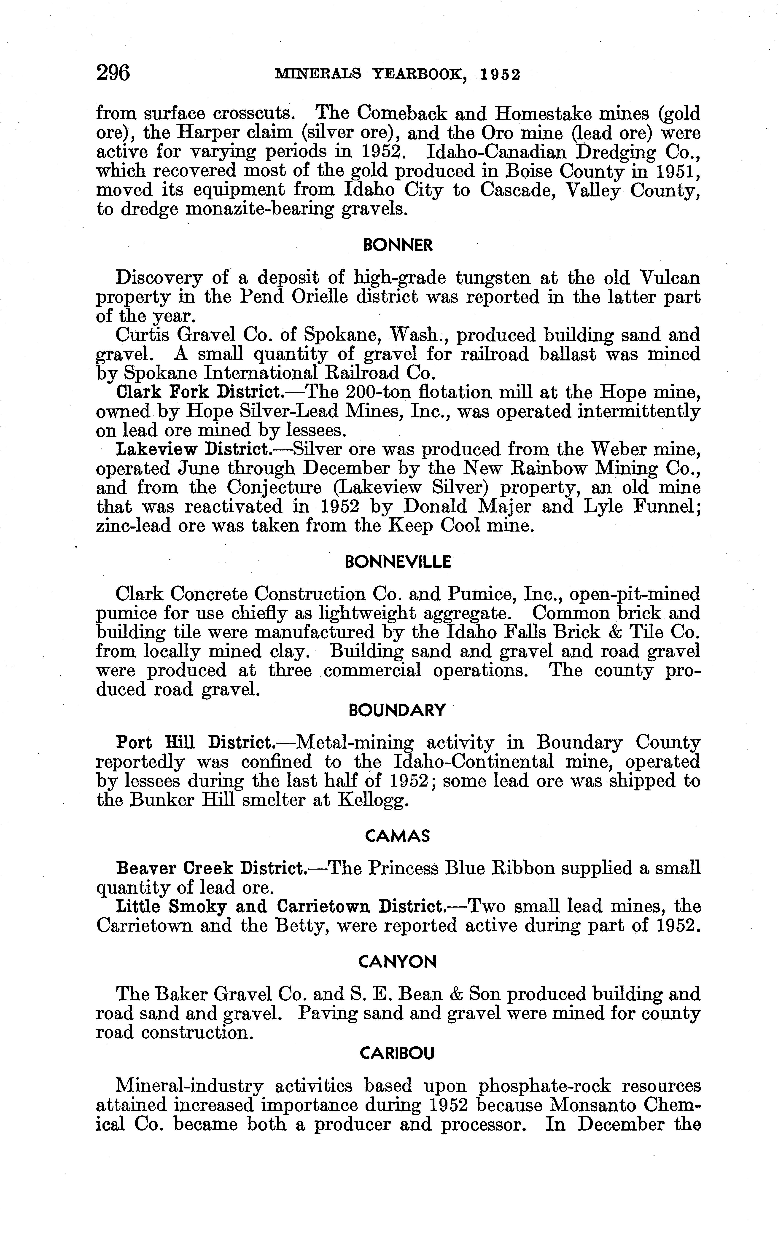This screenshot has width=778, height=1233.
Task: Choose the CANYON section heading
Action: (397, 963)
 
